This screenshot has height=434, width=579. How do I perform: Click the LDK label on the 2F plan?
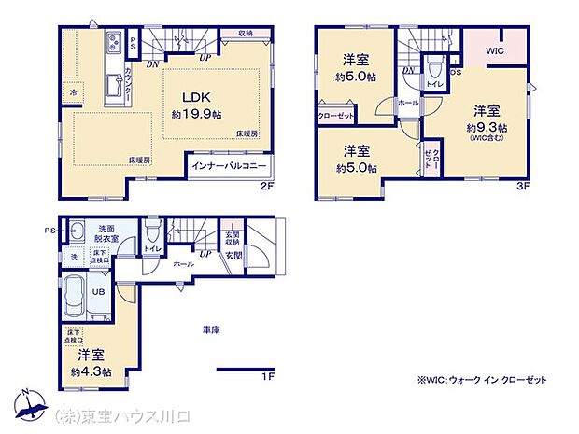pos(195,98)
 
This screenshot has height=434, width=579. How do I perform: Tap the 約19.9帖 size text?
pos(196,115)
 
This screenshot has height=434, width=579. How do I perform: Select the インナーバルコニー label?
pos(229,166)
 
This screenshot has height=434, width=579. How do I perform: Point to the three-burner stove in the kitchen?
pos(114,43)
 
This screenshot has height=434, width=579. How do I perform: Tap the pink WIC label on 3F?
pos(494,52)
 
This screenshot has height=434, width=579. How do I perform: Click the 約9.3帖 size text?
pos(488,128)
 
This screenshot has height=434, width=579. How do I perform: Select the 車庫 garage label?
pos(209,330)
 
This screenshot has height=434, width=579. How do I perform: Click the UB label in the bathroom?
pos(97,291)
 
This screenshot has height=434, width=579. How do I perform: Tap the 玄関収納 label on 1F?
pos(232,238)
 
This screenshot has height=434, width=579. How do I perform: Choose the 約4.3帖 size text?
pos(92,371)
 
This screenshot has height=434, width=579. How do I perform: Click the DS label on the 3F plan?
pos(455,72)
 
